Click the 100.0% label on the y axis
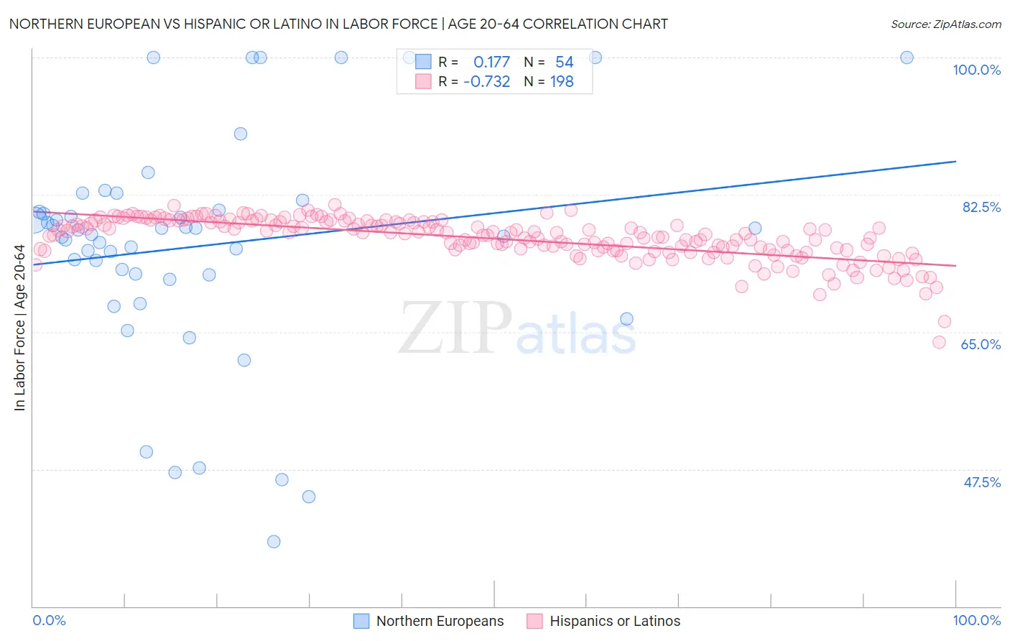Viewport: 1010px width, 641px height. (x=976, y=70)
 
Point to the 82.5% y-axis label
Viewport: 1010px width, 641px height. (x=981, y=207)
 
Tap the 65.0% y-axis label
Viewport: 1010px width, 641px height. (x=981, y=344)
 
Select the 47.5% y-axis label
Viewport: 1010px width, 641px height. (x=982, y=482)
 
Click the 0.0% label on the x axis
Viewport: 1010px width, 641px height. (x=49, y=620)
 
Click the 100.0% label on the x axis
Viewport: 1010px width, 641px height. (x=976, y=620)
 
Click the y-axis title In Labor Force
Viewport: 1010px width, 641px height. (x=19, y=328)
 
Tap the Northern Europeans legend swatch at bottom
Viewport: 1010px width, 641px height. (x=361, y=621)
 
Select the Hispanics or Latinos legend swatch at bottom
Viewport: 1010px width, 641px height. (x=534, y=621)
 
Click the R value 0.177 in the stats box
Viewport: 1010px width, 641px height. (x=491, y=62)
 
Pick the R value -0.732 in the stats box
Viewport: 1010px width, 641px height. (x=486, y=81)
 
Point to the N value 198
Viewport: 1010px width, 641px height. (x=562, y=81)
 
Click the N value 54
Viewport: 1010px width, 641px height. (x=564, y=62)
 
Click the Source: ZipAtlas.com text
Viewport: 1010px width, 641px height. (x=945, y=24)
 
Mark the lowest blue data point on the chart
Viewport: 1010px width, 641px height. (x=274, y=542)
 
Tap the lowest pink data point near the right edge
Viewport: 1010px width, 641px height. (x=939, y=342)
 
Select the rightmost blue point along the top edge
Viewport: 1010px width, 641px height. (x=907, y=57)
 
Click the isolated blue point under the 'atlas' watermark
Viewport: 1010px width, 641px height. (x=626, y=319)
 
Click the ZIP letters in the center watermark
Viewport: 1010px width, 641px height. (x=455, y=328)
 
